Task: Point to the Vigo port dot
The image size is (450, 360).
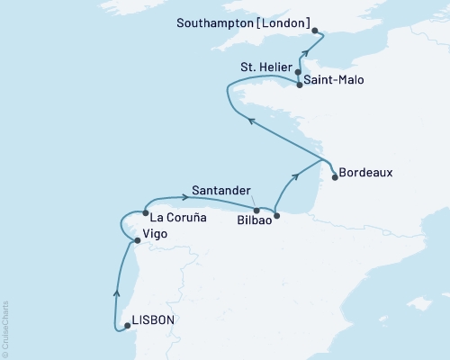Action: point(136,240)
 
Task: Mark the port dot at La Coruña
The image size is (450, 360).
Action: point(145,213)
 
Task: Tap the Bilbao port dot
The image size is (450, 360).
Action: point(276,216)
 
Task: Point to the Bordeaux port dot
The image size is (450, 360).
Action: point(334,177)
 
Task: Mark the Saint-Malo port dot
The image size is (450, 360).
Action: point(300,85)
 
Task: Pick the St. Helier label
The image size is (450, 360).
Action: point(265,64)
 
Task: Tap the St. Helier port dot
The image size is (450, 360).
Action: point(298,69)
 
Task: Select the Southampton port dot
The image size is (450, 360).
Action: point(315,30)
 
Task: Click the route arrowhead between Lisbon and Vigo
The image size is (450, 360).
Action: point(116,291)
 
